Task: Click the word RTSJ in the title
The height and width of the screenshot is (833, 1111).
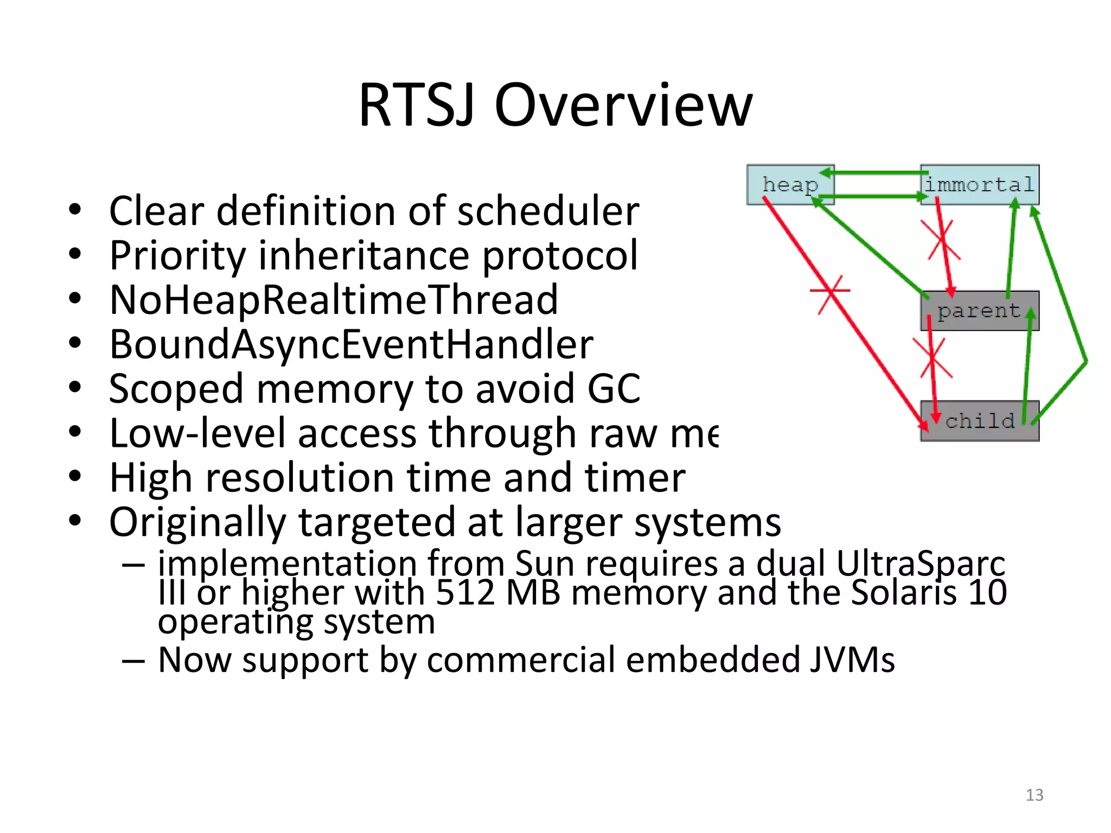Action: click(417, 105)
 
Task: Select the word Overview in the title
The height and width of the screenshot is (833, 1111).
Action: click(623, 105)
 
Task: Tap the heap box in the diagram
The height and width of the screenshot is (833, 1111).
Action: click(790, 185)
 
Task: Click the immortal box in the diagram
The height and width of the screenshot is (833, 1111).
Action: click(980, 185)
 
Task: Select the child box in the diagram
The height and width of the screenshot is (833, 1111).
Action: click(980, 421)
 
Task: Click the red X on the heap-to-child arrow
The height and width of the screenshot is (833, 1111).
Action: click(830, 293)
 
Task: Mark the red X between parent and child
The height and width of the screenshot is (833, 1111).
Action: click(933, 358)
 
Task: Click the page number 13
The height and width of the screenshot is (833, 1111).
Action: click(1035, 795)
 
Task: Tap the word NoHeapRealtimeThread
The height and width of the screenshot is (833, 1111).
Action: click(334, 300)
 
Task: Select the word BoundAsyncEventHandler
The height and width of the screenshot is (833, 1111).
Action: click(351, 344)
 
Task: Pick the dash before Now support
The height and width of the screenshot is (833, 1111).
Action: click(133, 661)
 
